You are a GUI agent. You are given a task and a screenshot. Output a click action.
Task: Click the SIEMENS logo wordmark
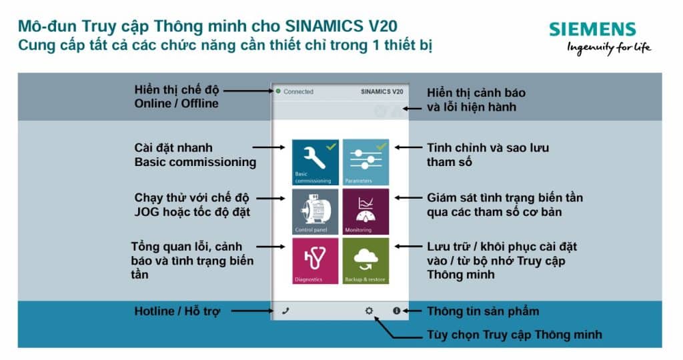(592, 29)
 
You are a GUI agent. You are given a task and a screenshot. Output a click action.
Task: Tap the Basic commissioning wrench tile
(315, 162)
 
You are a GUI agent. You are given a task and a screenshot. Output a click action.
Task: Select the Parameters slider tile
(366, 162)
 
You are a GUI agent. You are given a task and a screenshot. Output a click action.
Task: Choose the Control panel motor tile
(315, 211)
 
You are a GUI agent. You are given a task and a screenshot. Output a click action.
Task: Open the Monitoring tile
(366, 211)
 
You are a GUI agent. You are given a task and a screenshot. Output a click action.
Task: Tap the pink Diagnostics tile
(315, 261)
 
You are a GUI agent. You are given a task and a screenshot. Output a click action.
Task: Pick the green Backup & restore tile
(366, 261)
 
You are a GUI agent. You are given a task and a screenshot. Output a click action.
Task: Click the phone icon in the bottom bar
(285, 311)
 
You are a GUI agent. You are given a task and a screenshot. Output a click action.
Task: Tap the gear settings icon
(369, 311)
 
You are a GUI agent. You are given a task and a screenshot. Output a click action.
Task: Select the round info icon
(396, 311)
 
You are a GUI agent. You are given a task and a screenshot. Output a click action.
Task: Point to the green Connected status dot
(278, 91)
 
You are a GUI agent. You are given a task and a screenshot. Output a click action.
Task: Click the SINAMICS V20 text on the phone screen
(382, 92)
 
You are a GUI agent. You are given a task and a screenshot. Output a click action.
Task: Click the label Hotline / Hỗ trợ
(177, 311)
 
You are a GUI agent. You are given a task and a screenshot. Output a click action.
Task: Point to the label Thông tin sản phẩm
(483, 311)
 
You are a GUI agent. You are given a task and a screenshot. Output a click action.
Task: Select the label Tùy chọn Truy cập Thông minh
(514, 335)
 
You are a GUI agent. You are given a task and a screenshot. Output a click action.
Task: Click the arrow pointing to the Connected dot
(249, 91)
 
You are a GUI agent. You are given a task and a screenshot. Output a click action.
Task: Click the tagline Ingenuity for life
(609, 47)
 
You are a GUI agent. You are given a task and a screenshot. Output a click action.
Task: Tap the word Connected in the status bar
(298, 92)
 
